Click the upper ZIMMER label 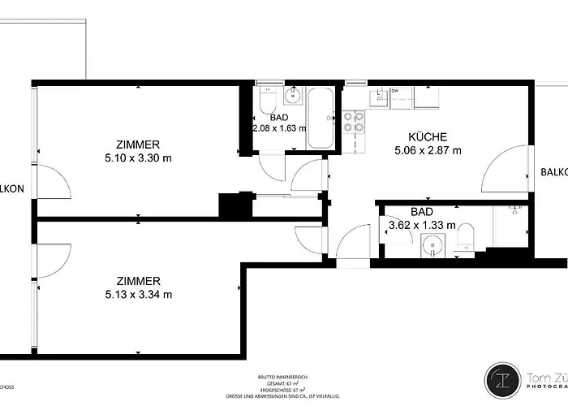(138, 144)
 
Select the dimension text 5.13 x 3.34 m (138, 295)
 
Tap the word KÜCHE (428, 136)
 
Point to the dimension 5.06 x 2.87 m (428, 150)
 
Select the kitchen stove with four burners (353, 122)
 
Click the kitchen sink (380, 98)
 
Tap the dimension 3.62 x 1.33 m (421, 226)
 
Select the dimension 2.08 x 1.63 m (280, 128)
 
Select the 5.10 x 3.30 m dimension (138, 158)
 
